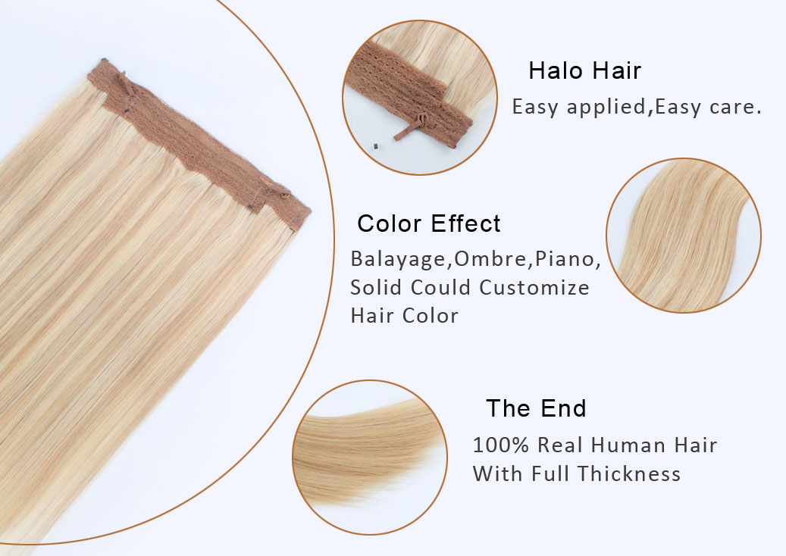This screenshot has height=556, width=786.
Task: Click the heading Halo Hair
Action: tap(584, 70)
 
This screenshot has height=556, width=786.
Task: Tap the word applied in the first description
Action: tap(606, 108)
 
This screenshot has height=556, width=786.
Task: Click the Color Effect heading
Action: tap(428, 223)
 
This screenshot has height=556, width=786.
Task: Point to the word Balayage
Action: tap(398, 260)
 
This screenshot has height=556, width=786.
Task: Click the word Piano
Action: tap(565, 258)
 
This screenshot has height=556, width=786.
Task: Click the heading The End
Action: tap(536, 408)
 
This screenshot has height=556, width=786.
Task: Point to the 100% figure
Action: tap(501, 445)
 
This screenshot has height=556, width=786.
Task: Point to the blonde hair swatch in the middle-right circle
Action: tap(684, 236)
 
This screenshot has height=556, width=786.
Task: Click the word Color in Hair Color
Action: tap(431, 316)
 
